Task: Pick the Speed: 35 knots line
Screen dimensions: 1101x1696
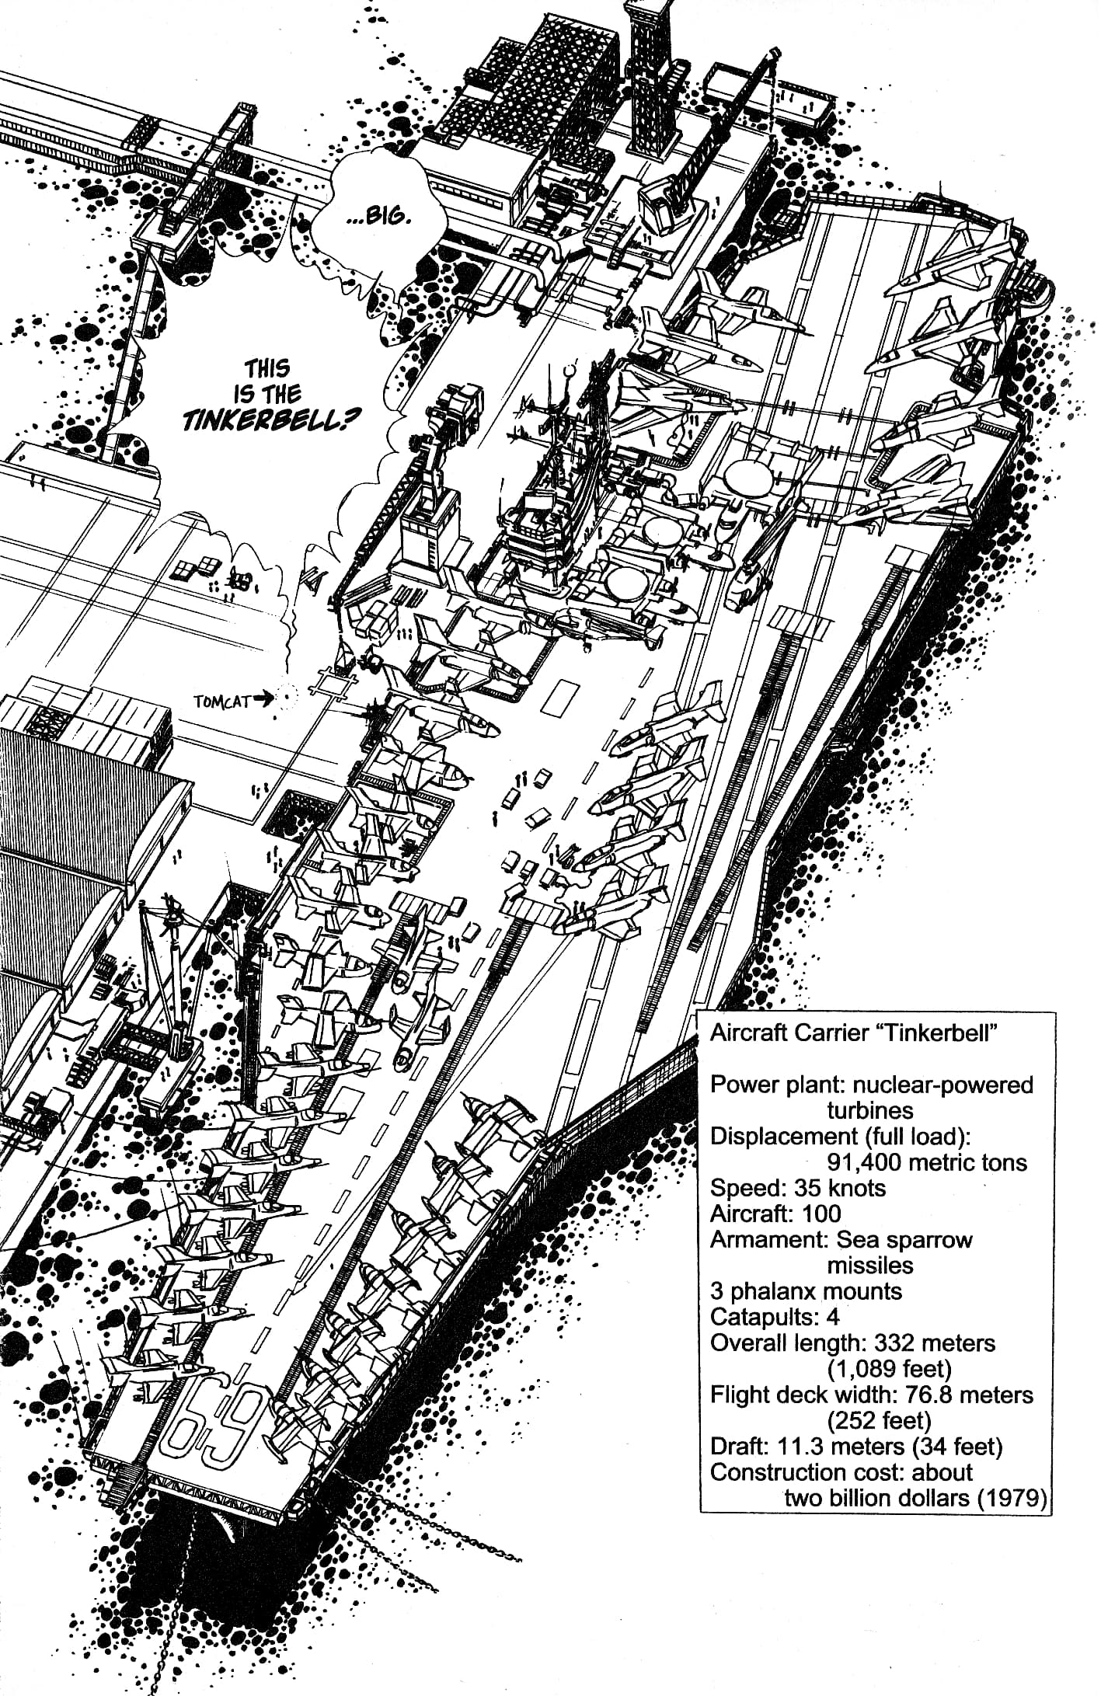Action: click(798, 1188)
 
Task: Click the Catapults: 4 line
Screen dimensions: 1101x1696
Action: click(775, 1317)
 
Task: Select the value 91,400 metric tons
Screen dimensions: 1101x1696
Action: click(927, 1162)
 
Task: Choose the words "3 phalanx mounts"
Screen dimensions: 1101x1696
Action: click(806, 1291)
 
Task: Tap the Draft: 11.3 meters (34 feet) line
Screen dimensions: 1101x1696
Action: click(856, 1446)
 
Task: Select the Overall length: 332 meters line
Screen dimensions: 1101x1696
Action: click(852, 1343)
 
